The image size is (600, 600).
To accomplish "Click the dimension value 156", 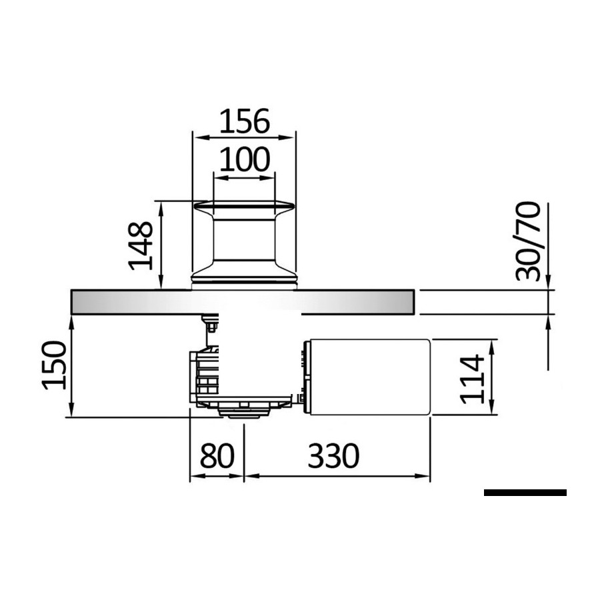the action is [245, 121].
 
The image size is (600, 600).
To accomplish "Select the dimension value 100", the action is [245, 159].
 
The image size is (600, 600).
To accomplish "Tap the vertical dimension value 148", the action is [141, 245].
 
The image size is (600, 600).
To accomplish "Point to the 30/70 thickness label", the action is [528, 241].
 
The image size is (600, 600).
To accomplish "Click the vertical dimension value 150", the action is [55, 365].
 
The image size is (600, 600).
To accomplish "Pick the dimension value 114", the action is [472, 379].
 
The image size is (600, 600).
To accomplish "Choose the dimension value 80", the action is [217, 455].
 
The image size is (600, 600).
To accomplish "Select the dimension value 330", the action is [334, 455].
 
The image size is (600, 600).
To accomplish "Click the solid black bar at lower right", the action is [525, 493].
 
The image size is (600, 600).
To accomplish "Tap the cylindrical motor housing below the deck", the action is [368, 377].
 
